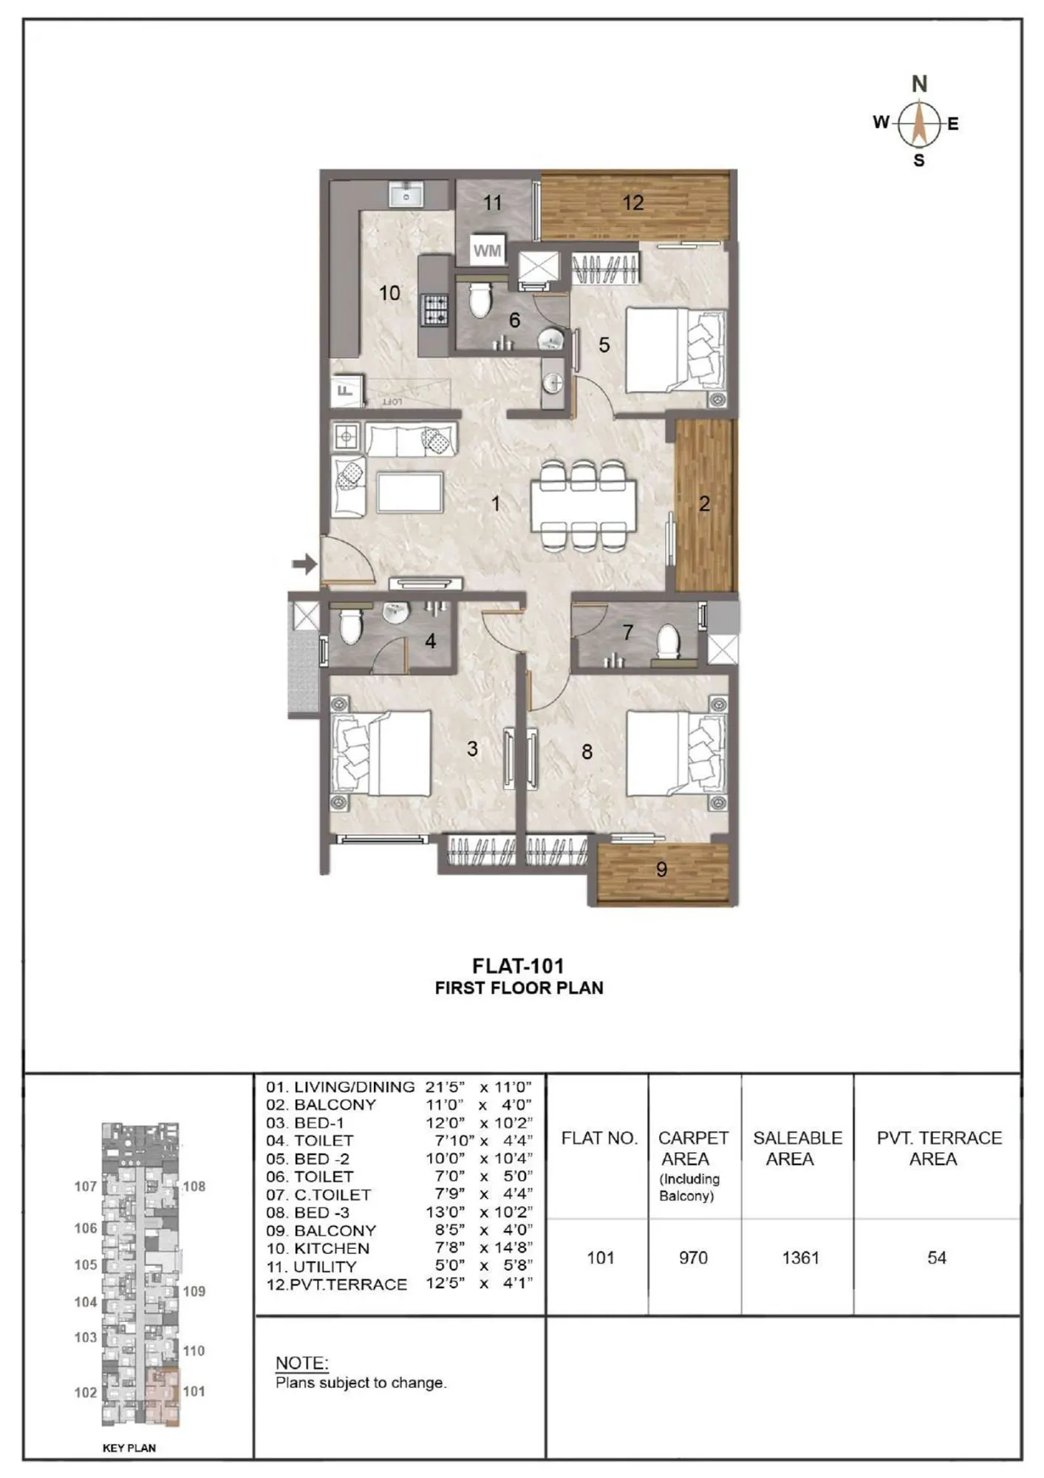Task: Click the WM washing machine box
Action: click(x=487, y=251)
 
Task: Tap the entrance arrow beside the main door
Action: click(x=304, y=565)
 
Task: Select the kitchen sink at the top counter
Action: click(x=406, y=197)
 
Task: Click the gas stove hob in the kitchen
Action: click(x=434, y=310)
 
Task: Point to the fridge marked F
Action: click(x=345, y=389)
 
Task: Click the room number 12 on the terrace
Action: click(x=632, y=202)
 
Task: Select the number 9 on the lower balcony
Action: click(x=661, y=870)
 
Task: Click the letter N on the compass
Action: click(x=919, y=84)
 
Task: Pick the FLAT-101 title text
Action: click(x=519, y=966)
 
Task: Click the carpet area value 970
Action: click(x=693, y=1258)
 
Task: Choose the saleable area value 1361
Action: click(x=800, y=1258)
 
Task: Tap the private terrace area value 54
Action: click(x=936, y=1258)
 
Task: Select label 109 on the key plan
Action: click(x=194, y=1291)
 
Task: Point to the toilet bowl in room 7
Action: click(x=668, y=641)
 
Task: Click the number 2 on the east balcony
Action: click(x=704, y=504)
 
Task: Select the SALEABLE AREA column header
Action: click(x=797, y=1148)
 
